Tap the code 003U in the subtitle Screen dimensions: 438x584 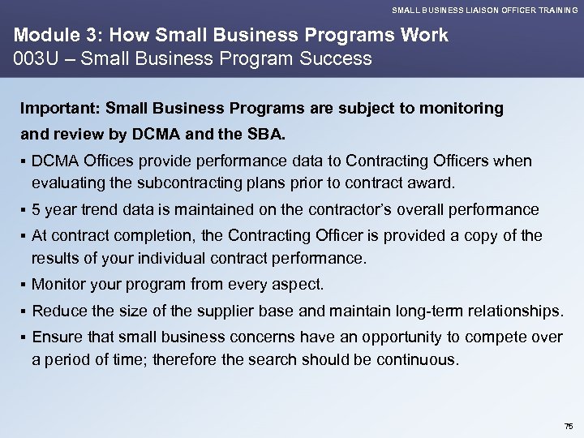[31, 58]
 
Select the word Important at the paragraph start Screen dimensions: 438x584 [53, 108]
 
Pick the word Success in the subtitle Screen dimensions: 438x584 [332, 58]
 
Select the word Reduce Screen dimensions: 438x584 [58, 311]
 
